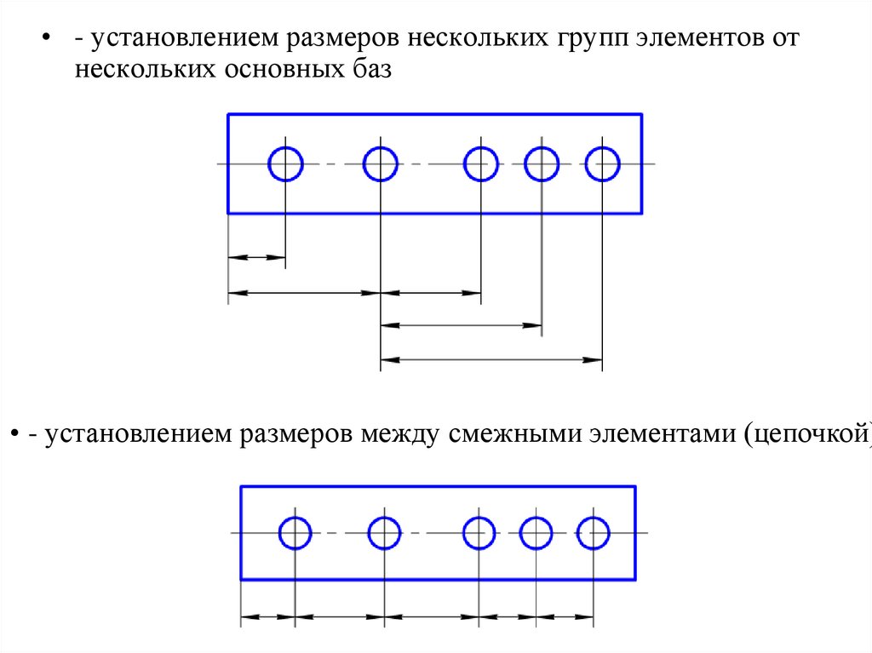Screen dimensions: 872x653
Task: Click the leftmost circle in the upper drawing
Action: pyautogui.click(x=285, y=163)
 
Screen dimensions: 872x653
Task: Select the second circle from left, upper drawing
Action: pyautogui.click(x=380, y=163)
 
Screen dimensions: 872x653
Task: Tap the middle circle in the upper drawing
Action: pyautogui.click(x=481, y=163)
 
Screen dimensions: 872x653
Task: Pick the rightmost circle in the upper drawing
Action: pyautogui.click(x=602, y=163)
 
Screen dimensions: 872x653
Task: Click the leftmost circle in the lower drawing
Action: pyautogui.click(x=295, y=534)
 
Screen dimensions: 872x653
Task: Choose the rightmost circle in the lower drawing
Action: pyautogui.click(x=593, y=534)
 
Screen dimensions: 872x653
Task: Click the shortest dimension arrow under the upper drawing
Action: pyautogui.click(x=256, y=256)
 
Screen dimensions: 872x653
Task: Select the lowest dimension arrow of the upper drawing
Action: pyautogui.click(x=491, y=360)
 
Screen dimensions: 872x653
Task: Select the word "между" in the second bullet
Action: pyautogui.click(x=399, y=435)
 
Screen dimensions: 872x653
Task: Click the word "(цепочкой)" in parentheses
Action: pyautogui.click(x=806, y=435)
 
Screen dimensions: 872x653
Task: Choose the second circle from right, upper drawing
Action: pyautogui.click(x=542, y=163)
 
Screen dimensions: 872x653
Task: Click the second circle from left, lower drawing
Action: pyautogui.click(x=385, y=534)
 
